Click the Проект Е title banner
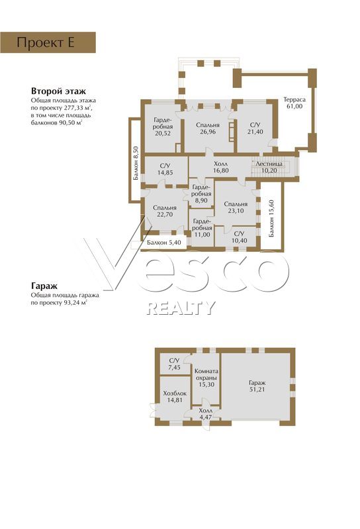point(48,42)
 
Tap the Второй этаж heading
point(58,91)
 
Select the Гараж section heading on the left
point(44,286)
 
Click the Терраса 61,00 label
point(294,103)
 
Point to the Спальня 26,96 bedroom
point(208,128)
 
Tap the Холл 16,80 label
point(221,167)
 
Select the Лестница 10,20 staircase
point(269,167)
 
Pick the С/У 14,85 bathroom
point(165,169)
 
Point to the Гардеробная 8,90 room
point(201,194)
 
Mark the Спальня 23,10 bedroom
point(236,208)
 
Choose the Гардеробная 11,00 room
point(202,227)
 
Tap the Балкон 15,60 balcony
point(271,216)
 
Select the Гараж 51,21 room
point(257,386)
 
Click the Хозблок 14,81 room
point(175,397)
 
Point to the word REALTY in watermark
point(181,307)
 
